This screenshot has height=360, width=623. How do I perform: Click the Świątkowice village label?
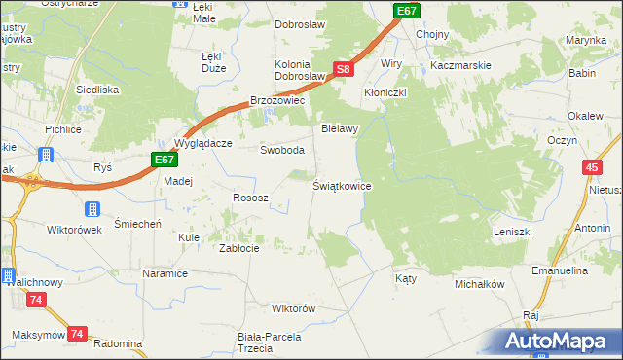point(342,185)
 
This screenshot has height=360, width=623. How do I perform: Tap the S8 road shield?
point(343,69)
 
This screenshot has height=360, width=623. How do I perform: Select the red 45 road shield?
point(592,168)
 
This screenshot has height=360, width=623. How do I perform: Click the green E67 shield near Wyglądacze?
point(164,160)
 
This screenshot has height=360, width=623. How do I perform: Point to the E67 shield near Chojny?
point(407,10)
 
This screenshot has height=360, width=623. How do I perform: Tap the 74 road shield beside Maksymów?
point(78,334)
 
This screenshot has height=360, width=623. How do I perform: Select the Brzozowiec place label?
point(278,100)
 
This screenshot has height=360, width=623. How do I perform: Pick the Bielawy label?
point(341,128)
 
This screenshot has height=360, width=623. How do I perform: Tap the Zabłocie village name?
point(238,248)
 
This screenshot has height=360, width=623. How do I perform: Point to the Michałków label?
point(479,284)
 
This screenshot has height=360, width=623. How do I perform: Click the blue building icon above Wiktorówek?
point(92,209)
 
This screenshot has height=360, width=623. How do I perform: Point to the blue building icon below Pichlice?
point(45,154)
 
